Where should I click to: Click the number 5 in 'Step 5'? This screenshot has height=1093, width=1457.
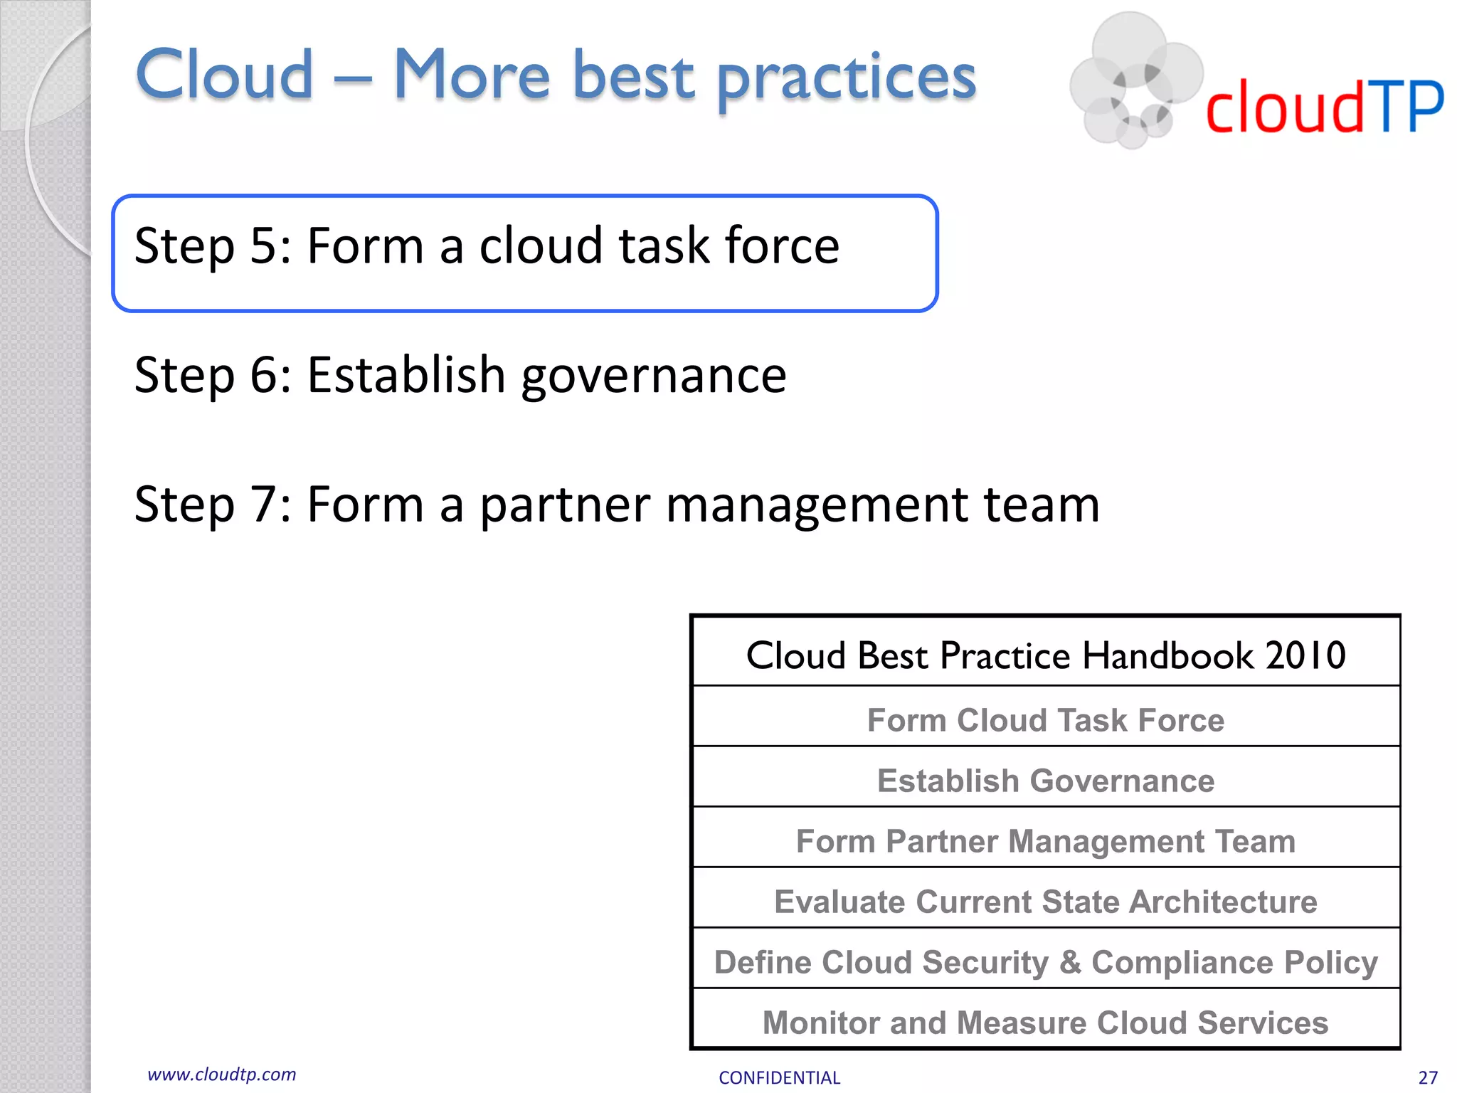click(263, 246)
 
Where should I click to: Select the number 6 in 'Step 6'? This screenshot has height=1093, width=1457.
click(263, 375)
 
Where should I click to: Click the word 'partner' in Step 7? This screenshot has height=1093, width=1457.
click(565, 505)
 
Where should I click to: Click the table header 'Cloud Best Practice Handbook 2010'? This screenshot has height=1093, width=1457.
click(1045, 655)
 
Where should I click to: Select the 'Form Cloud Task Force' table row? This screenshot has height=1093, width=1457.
click(1045, 720)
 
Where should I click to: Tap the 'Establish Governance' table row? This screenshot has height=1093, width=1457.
click(1045, 781)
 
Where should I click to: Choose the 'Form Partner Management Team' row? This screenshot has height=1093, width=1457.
click(1045, 841)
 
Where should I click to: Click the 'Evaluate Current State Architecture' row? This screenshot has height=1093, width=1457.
click(1045, 902)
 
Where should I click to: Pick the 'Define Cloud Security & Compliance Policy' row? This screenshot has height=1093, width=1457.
click(1045, 962)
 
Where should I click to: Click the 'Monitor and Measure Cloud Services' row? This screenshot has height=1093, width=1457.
click(1045, 1023)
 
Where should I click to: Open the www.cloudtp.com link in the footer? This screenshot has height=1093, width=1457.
click(221, 1074)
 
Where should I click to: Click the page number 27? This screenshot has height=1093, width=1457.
click(1427, 1077)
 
